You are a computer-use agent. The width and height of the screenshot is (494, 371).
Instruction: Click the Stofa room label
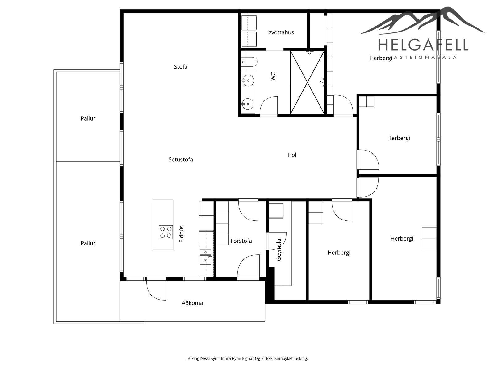coord(181,67)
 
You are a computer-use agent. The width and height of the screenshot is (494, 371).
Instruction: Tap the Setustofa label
coord(181,160)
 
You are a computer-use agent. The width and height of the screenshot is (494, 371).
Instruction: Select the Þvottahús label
coord(281,32)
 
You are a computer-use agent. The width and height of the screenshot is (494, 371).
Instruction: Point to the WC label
coord(273,76)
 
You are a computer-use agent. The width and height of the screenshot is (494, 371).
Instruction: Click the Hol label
coord(292,155)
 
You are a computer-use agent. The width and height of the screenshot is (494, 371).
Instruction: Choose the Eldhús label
coord(182,234)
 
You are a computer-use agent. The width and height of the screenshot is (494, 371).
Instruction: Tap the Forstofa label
coord(241,241)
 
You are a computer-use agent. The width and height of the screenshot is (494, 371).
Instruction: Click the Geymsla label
coord(278,250)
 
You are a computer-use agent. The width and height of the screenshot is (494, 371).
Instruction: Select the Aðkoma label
coord(192,303)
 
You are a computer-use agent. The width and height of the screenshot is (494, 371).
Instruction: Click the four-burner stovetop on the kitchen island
coord(166,232)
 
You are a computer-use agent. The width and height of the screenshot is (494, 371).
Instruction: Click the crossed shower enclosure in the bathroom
coord(308,83)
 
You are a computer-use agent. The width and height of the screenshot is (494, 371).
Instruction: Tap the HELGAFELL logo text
coord(423,45)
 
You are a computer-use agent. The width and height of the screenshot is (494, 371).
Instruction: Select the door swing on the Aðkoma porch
coord(156,291)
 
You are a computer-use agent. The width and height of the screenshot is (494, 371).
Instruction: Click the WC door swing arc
coord(269,106)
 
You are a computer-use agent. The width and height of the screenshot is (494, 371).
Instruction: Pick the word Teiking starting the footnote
coord(193,358)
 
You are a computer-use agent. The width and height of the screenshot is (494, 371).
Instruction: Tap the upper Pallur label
coord(88,118)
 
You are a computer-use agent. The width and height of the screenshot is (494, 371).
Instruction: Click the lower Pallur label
coord(88,243)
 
